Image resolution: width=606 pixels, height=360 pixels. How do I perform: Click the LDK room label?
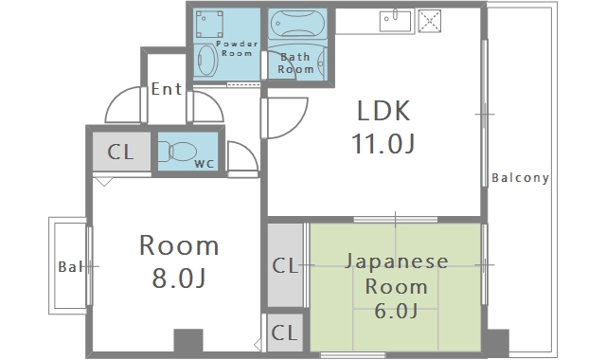383,112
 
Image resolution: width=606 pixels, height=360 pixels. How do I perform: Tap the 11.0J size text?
383,145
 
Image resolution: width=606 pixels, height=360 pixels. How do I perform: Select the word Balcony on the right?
520,178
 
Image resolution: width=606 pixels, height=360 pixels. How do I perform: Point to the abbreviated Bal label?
69,266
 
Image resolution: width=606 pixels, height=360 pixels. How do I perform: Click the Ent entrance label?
166,91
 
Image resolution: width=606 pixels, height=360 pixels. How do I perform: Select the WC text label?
204,164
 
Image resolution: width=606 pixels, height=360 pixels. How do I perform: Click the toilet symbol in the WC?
178,151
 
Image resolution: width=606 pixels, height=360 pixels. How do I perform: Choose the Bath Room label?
295,63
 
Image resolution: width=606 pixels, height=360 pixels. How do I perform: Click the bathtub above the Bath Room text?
298,23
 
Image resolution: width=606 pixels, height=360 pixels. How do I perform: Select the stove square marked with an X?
430,20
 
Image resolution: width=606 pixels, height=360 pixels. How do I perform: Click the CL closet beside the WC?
120,152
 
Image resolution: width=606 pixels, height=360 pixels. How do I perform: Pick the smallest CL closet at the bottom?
285,333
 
